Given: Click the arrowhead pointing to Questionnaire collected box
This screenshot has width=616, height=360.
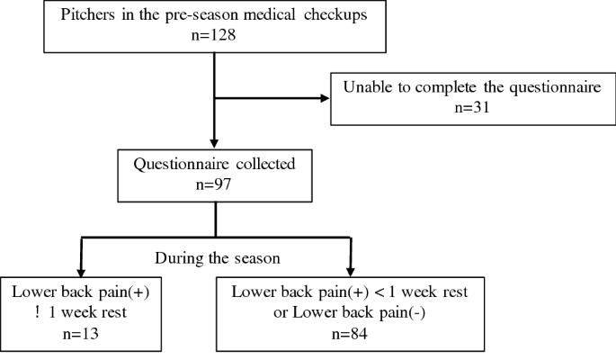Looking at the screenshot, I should click(x=214, y=141).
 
